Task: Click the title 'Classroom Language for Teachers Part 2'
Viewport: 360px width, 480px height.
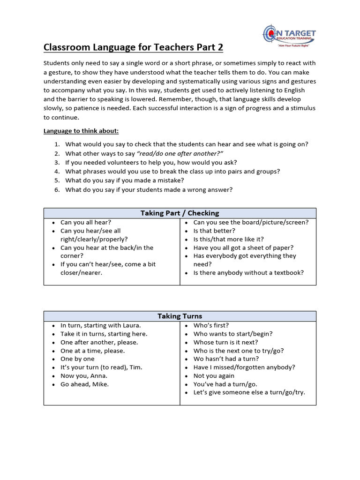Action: (x=133, y=47)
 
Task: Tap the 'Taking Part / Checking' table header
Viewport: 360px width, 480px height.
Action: (x=180, y=213)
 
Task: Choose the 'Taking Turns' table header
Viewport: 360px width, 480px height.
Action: (x=180, y=316)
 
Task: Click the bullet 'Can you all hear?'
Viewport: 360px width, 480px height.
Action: (x=86, y=222)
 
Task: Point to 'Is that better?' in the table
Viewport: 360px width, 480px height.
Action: (x=214, y=231)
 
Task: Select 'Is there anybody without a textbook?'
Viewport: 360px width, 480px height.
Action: (x=248, y=272)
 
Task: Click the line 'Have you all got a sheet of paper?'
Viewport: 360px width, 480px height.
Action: (x=243, y=247)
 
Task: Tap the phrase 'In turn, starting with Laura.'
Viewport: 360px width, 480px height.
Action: (x=100, y=325)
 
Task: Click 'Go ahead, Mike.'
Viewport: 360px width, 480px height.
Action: (x=84, y=384)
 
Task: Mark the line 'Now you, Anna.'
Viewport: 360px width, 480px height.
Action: (x=84, y=376)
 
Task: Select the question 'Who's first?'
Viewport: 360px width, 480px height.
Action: (x=211, y=325)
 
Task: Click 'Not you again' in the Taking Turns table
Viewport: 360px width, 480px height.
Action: (x=214, y=376)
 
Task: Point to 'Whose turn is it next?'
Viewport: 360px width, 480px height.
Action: (x=225, y=342)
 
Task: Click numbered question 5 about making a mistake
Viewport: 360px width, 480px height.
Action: (x=124, y=180)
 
